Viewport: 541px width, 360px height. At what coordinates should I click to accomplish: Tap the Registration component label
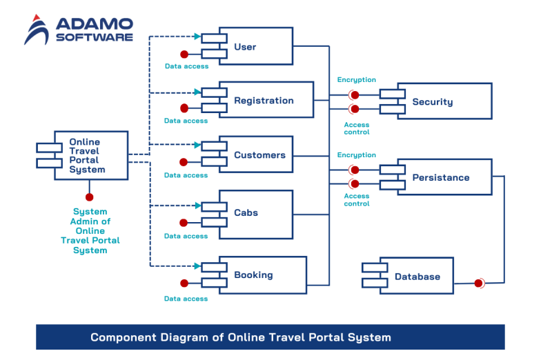(264, 101)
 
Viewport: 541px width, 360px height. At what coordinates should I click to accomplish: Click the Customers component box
(256, 155)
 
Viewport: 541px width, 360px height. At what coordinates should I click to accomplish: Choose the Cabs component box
(256, 214)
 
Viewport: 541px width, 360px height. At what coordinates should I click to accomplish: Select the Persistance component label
(440, 178)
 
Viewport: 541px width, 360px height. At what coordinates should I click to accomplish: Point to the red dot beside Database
(478, 283)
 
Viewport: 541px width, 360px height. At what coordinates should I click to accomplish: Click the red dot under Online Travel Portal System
(89, 197)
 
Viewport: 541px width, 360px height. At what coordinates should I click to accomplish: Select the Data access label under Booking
(186, 299)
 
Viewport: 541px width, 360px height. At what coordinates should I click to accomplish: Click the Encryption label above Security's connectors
(356, 80)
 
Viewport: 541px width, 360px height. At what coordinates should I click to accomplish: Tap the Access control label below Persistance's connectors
(357, 200)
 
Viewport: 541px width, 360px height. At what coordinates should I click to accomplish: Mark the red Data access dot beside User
(184, 54)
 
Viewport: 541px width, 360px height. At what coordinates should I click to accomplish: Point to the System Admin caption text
(90, 231)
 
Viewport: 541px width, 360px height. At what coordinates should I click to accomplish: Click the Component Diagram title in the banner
(241, 338)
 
